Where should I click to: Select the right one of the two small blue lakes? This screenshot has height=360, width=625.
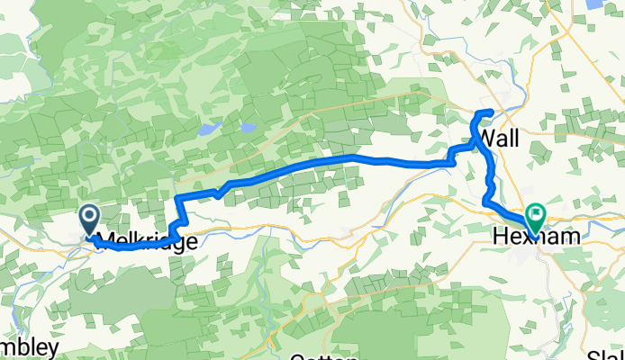tap(247, 127)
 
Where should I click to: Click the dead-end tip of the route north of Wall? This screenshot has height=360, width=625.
tap(491, 111)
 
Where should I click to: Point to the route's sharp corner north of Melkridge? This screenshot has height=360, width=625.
tap(178, 197)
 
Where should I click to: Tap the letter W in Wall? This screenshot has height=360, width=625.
tap(488, 138)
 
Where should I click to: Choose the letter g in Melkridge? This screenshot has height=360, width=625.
tap(173, 243)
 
